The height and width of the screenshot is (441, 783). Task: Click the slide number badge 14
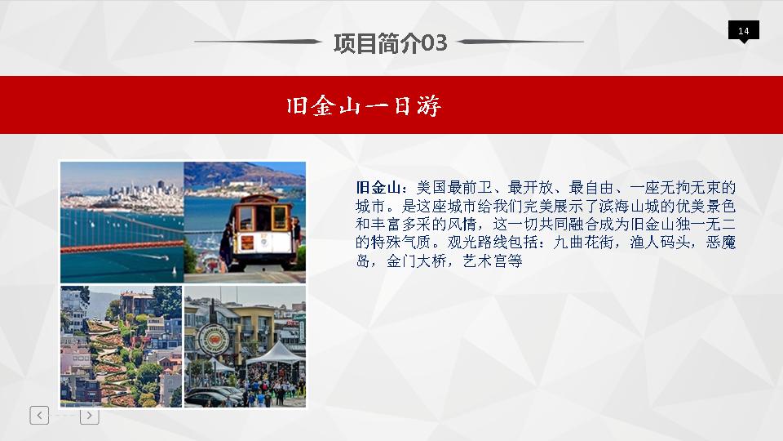(x=744, y=30)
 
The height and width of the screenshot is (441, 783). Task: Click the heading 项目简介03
(x=390, y=43)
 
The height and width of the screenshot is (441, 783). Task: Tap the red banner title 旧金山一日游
(x=364, y=106)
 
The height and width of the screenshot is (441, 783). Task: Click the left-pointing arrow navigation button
(x=39, y=415)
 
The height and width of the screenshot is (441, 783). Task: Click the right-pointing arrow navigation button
(x=90, y=416)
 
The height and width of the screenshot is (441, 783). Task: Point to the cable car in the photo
(x=262, y=231)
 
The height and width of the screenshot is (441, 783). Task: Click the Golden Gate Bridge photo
(x=122, y=222)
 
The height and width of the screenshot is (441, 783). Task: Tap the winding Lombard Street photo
(x=122, y=346)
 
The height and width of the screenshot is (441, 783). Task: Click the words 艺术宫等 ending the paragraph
(x=493, y=261)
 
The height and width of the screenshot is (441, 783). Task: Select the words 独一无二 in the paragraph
(x=706, y=224)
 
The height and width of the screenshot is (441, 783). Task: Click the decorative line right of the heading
(x=520, y=42)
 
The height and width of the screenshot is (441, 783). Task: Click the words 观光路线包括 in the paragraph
(x=493, y=243)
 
